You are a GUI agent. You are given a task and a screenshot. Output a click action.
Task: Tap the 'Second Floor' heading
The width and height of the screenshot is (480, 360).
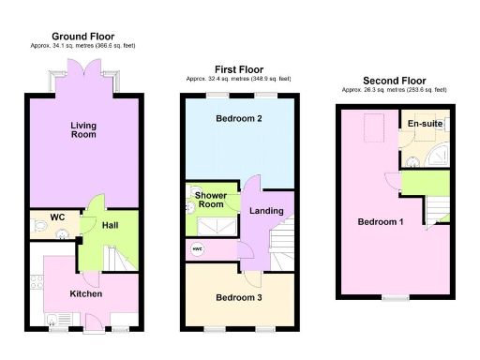click(394, 81)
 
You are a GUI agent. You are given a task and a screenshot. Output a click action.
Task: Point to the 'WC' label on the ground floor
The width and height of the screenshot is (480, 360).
click(56, 217)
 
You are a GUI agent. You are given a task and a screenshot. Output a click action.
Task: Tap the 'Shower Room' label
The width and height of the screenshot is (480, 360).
click(210, 200)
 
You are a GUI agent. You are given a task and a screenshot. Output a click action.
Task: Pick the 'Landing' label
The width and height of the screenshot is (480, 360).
click(266, 211)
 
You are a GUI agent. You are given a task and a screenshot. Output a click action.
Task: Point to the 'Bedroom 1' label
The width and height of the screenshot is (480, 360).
click(381, 222)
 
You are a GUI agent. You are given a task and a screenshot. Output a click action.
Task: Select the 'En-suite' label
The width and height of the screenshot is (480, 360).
click(425, 124)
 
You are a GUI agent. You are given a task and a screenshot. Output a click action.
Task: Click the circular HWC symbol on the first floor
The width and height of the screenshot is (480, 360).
click(198, 248)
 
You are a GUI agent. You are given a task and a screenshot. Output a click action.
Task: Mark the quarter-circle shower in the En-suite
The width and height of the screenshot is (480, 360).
click(435, 156)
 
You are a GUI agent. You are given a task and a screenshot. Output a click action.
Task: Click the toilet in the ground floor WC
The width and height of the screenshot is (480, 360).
click(40, 226)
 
